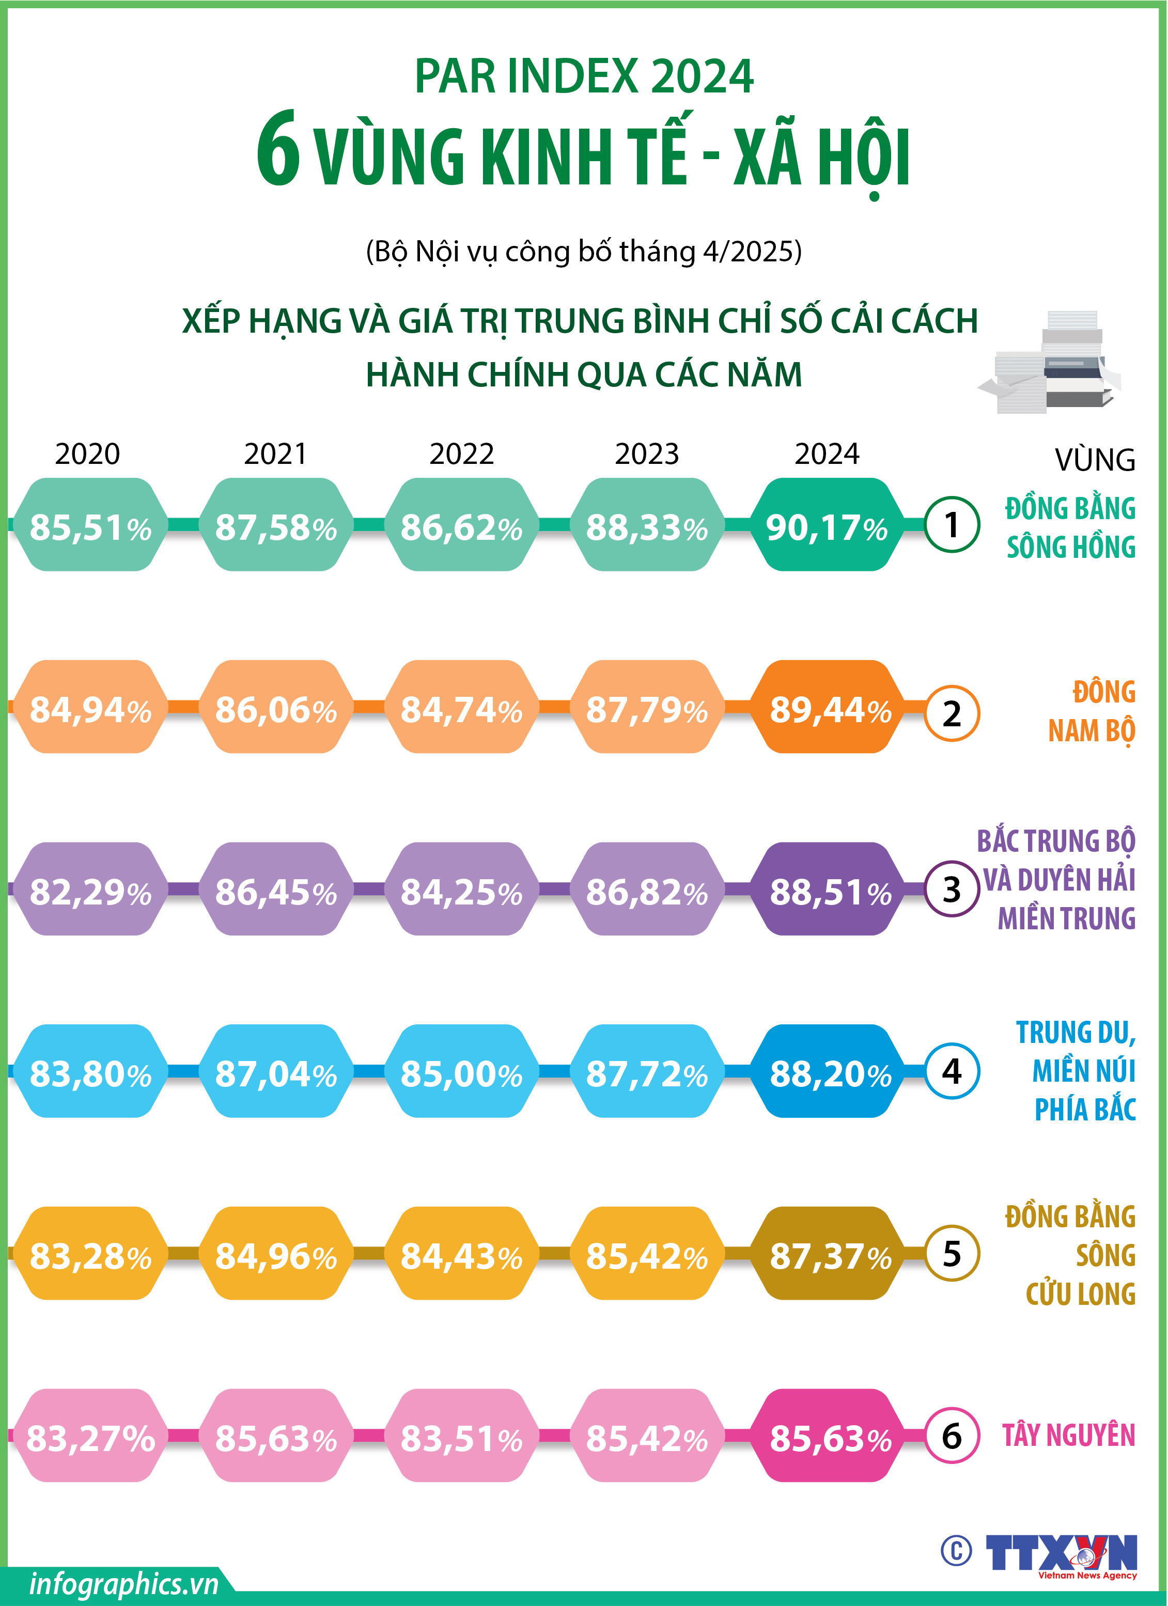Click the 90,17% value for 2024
826,525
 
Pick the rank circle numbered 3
952,890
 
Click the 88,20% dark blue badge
829,1071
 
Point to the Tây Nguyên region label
1068,1436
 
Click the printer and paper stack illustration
1050,363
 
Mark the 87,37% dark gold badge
829,1253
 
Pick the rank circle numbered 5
952,1253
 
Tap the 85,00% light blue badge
461,1071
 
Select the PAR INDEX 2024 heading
584,76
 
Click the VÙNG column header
1094,460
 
